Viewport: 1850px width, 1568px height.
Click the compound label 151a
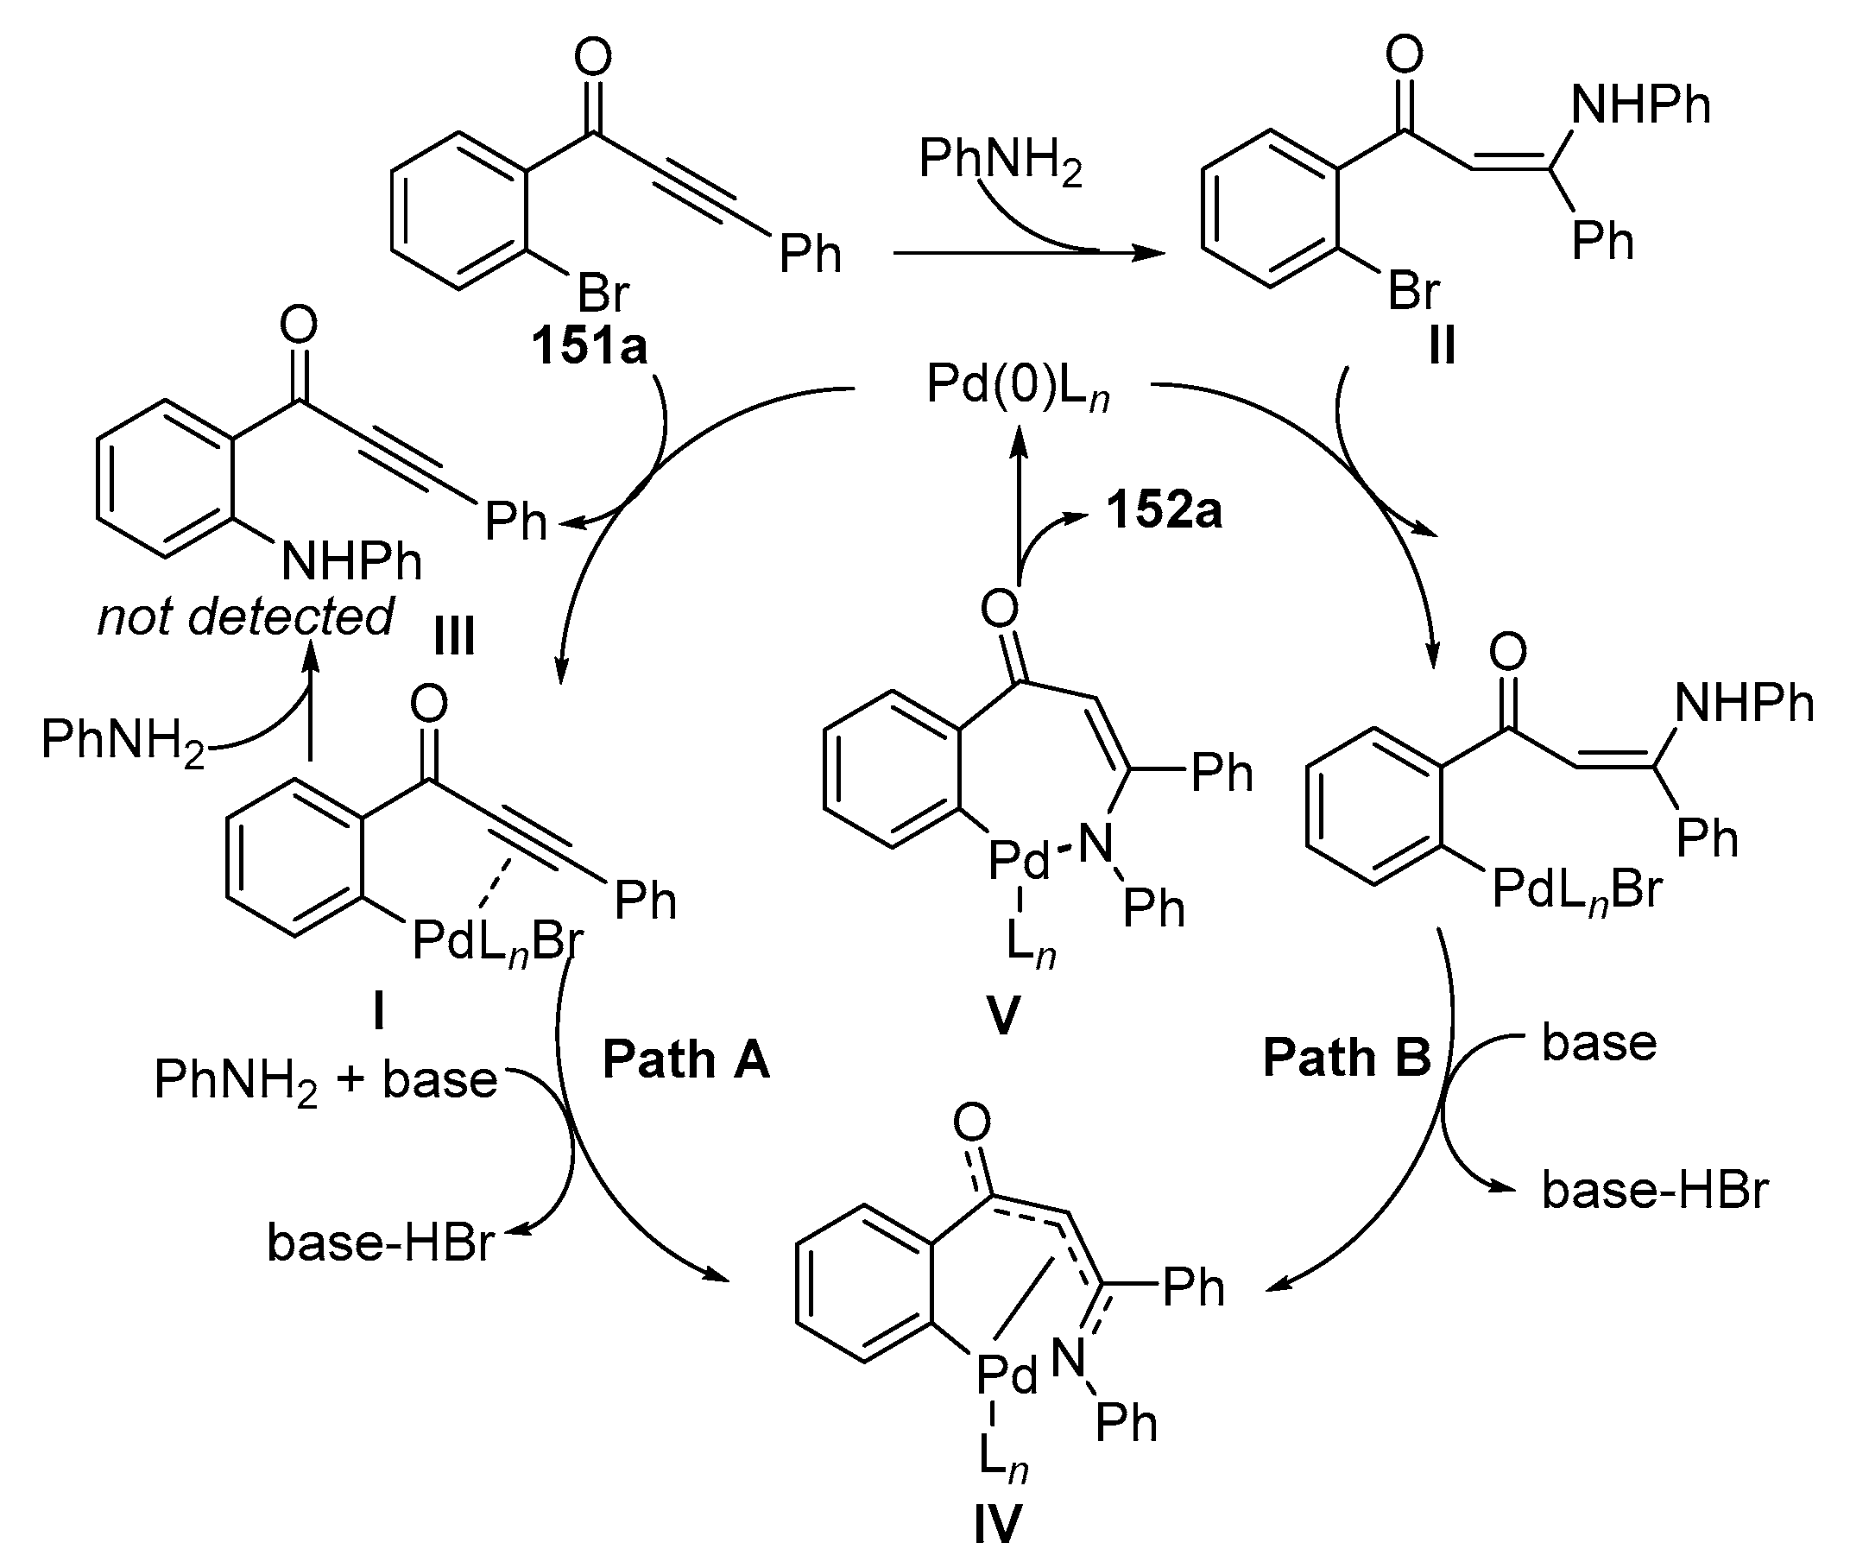pyautogui.click(x=589, y=345)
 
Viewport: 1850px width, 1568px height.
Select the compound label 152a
pyautogui.click(x=1164, y=511)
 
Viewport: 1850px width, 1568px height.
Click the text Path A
pyautogui.click(x=686, y=1059)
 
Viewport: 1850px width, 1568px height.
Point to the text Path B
pyautogui.click(x=1347, y=1058)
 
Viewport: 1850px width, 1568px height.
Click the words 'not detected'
pyautogui.click(x=245, y=616)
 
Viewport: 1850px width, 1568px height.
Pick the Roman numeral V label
pyautogui.click(x=1003, y=1015)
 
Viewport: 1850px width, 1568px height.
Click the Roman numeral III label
pyautogui.click(x=454, y=636)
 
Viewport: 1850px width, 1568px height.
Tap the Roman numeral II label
pyautogui.click(x=1442, y=345)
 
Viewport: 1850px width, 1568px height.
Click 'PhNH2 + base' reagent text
pyautogui.click(x=325, y=1081)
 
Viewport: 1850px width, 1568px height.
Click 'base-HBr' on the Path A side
pyautogui.click(x=381, y=1242)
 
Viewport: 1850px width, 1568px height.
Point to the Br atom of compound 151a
pyautogui.click(x=603, y=293)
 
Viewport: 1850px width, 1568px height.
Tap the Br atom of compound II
pyautogui.click(x=1414, y=291)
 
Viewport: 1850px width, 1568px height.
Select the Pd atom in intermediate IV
pyautogui.click(x=1006, y=1377)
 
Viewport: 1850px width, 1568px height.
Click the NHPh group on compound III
pyautogui.click(x=351, y=561)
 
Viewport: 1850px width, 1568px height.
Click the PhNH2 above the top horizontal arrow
pyautogui.click(x=1001, y=161)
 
